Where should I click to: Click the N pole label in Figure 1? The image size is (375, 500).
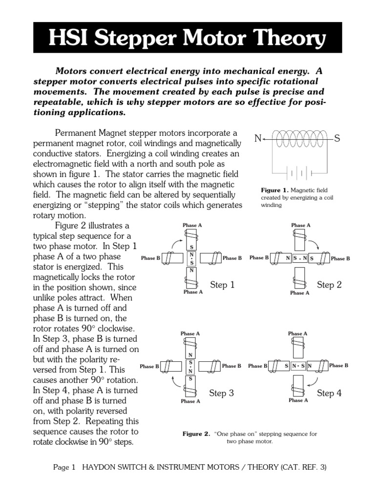point(257,139)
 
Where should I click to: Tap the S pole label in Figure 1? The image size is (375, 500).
point(337,139)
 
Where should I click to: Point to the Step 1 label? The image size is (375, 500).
point(222,285)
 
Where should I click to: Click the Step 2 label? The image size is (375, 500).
point(329,285)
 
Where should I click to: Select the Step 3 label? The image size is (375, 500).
point(222,393)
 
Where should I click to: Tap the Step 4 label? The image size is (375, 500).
point(329,393)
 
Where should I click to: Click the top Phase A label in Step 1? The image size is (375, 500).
point(192,225)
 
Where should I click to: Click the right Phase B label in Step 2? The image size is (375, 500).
point(340,258)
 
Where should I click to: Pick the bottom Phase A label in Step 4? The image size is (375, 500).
point(298,400)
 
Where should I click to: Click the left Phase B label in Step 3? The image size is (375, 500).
point(149,366)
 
